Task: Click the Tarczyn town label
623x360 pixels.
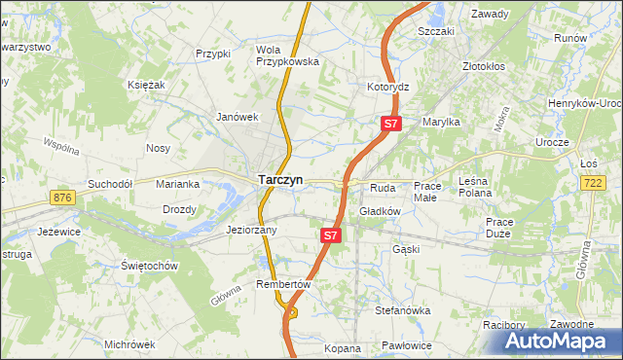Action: (280, 180)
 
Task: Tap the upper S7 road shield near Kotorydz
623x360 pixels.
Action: (390, 124)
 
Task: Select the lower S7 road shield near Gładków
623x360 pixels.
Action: (331, 235)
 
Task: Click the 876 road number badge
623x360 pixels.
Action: (62, 198)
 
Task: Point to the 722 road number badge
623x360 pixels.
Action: (593, 183)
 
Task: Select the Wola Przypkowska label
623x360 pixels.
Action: (287, 55)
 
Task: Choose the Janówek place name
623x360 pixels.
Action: (236, 117)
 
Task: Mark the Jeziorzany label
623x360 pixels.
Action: (252, 231)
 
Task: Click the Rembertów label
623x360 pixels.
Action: (282, 284)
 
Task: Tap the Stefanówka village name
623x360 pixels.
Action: (403, 310)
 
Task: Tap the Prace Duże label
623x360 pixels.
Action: (499, 228)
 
